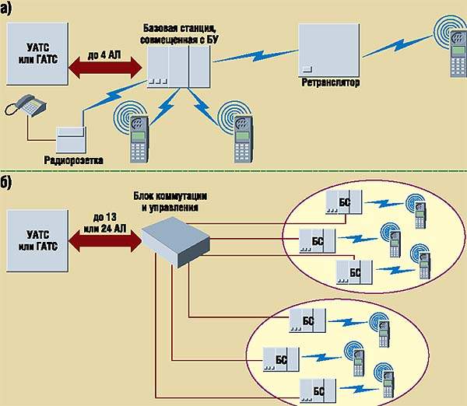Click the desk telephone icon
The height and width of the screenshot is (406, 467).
[25, 106]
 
